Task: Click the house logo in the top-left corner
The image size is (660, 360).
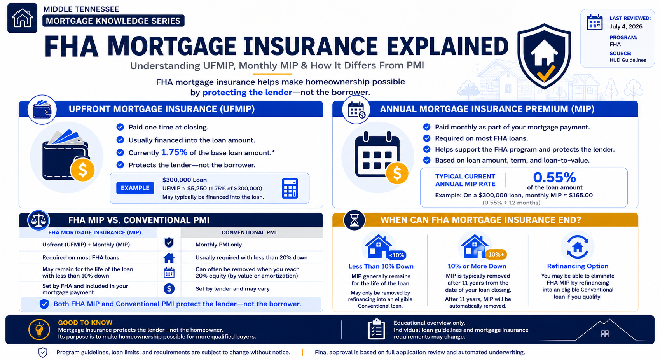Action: [23, 18]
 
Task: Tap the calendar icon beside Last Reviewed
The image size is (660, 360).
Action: [595, 22]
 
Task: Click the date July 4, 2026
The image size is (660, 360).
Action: [626, 26]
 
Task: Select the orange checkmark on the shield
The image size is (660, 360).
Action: [546, 73]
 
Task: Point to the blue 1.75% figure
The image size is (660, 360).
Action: [174, 152]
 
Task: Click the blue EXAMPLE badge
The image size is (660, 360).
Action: [135, 188]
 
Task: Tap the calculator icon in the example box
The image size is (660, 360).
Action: [290, 188]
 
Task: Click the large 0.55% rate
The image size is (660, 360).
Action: [555, 177]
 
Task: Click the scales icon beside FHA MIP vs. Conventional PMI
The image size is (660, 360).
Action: [38, 220]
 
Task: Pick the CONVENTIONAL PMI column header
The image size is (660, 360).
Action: [249, 232]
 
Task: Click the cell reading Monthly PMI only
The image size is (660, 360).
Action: [218, 245]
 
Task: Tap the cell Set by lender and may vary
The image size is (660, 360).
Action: [232, 289]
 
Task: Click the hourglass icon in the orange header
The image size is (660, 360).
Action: [354, 220]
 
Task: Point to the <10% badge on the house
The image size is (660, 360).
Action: [396, 255]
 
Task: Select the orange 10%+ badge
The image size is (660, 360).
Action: [496, 255]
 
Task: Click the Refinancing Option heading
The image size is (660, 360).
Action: [578, 266]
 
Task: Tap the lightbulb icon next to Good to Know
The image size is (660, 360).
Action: [39, 329]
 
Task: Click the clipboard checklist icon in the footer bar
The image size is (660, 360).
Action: [376, 329]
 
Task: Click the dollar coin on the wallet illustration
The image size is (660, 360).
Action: [82, 170]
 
